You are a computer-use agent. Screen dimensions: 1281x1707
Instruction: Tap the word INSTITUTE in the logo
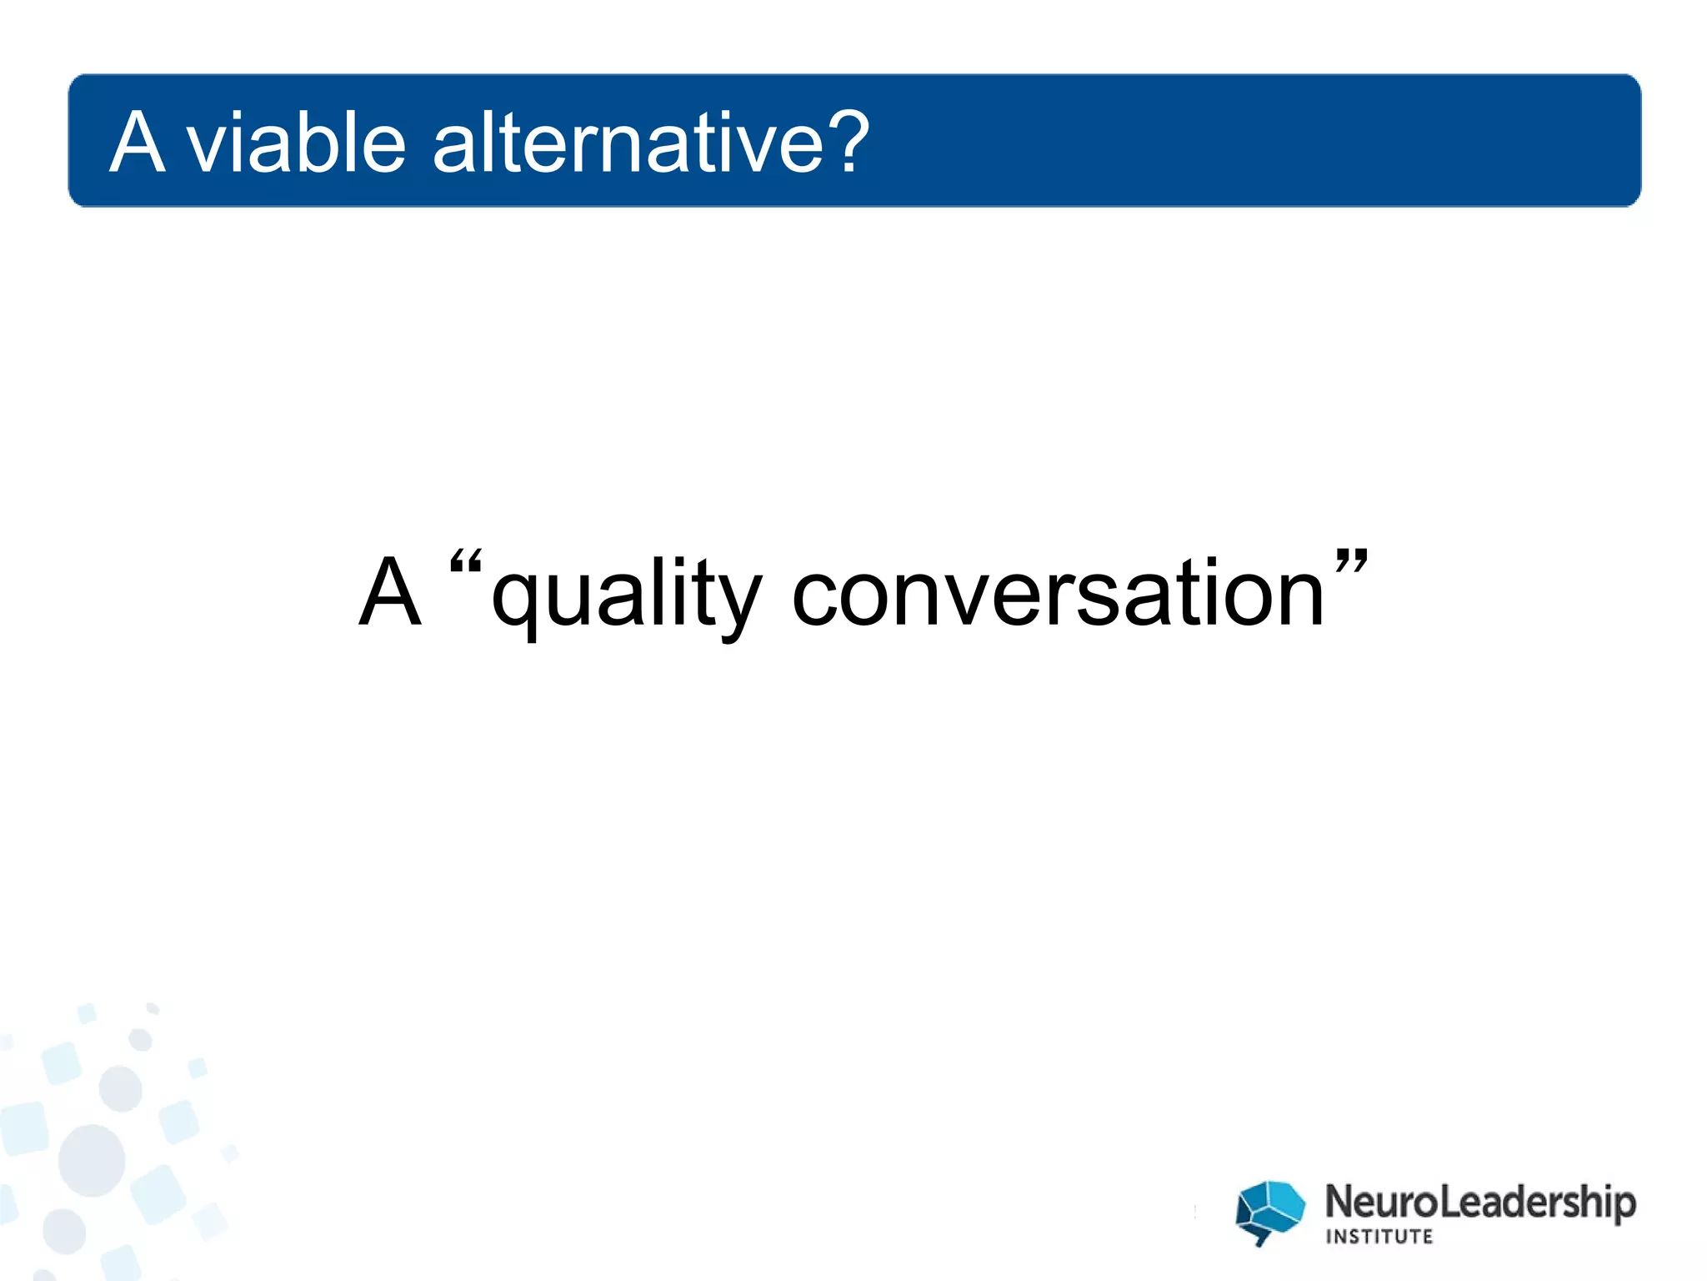tap(1379, 1237)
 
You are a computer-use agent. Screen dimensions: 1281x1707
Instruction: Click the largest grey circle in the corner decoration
tap(92, 1160)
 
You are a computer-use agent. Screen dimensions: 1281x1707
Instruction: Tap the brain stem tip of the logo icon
tap(1261, 1242)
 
